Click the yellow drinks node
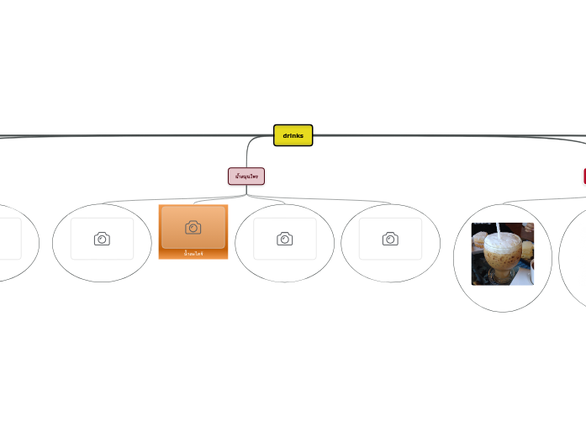293,135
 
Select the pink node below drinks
246,176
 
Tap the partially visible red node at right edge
583,176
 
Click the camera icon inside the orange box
193,227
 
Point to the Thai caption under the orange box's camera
193,253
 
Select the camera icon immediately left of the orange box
102,239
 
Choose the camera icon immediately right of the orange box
284,239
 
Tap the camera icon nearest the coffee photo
390,239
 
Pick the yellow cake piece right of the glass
526,249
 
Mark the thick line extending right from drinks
446,135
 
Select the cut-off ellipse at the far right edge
573,256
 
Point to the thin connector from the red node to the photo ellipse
538,200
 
